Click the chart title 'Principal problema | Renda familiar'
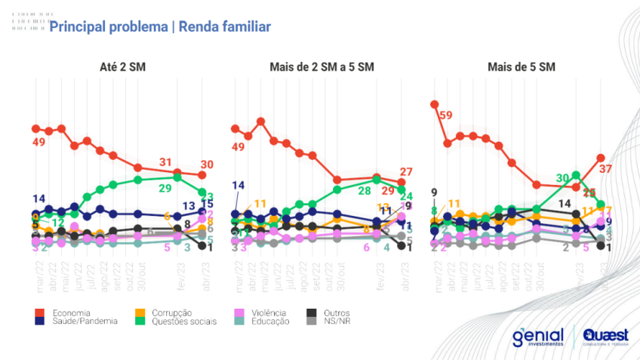tap(159, 27)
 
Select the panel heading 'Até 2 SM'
tap(122, 67)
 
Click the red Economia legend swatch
tap(39, 312)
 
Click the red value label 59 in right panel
tap(445, 115)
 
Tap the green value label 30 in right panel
tap(563, 177)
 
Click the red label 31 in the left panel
tap(166, 162)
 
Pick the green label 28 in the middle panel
tap(364, 191)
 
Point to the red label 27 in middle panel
tap(406, 171)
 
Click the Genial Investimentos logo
tap(537, 337)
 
